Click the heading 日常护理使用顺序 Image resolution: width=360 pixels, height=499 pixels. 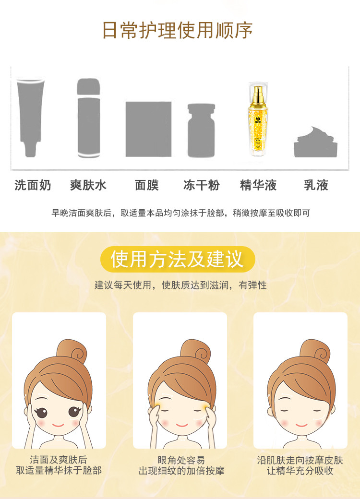click(x=177, y=31)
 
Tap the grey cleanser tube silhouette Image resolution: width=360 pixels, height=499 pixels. click(x=31, y=118)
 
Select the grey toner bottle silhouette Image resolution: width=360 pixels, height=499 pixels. click(x=89, y=118)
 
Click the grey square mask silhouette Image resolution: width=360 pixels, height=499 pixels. click(x=148, y=129)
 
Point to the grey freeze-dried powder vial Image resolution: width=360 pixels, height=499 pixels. click(x=201, y=131)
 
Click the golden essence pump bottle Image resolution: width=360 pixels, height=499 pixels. click(x=258, y=119)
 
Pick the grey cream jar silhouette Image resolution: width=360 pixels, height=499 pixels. click(x=315, y=142)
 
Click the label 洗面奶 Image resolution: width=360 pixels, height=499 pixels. click(x=33, y=185)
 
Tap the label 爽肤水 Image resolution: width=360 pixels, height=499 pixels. click(x=88, y=185)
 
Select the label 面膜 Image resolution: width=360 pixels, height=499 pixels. click(x=147, y=185)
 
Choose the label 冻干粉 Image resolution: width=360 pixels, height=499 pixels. click(x=202, y=185)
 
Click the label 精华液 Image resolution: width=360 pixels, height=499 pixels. click(x=258, y=185)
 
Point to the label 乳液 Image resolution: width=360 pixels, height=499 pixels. click(x=316, y=185)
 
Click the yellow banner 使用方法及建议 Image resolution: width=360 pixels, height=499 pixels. click(x=178, y=259)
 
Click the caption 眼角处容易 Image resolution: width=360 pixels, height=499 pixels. click(x=181, y=460)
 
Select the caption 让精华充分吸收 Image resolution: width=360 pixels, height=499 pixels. click(x=300, y=471)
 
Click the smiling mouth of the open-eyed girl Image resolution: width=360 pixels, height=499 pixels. click(x=58, y=425)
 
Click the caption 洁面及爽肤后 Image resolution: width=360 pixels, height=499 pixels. click(x=59, y=460)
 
